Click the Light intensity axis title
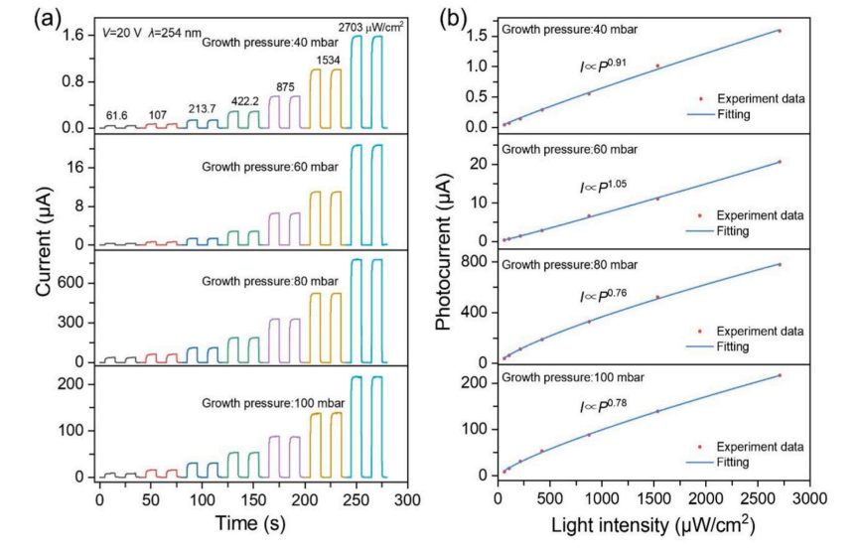tap(654, 524)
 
